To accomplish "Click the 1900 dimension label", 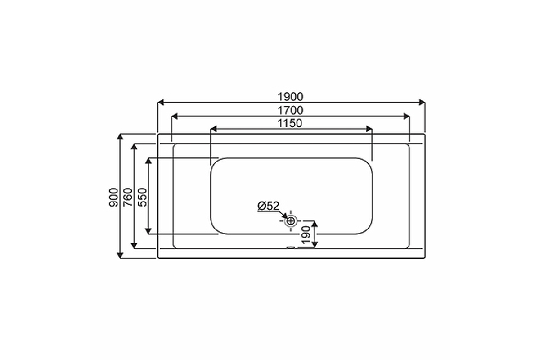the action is pyautogui.click(x=290, y=97).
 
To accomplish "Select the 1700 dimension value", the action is pyautogui.click(x=290, y=111).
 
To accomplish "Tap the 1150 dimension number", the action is pyautogui.click(x=290, y=123).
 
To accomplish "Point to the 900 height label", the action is pyautogui.click(x=113, y=197).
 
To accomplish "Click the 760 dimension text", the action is pyautogui.click(x=128, y=197).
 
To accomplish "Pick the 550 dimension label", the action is pyautogui.click(x=142, y=197).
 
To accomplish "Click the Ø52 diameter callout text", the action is pyautogui.click(x=268, y=206).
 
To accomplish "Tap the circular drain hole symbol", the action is pyautogui.click(x=291, y=220).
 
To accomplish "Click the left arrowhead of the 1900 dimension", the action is pyautogui.click(x=161, y=102).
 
